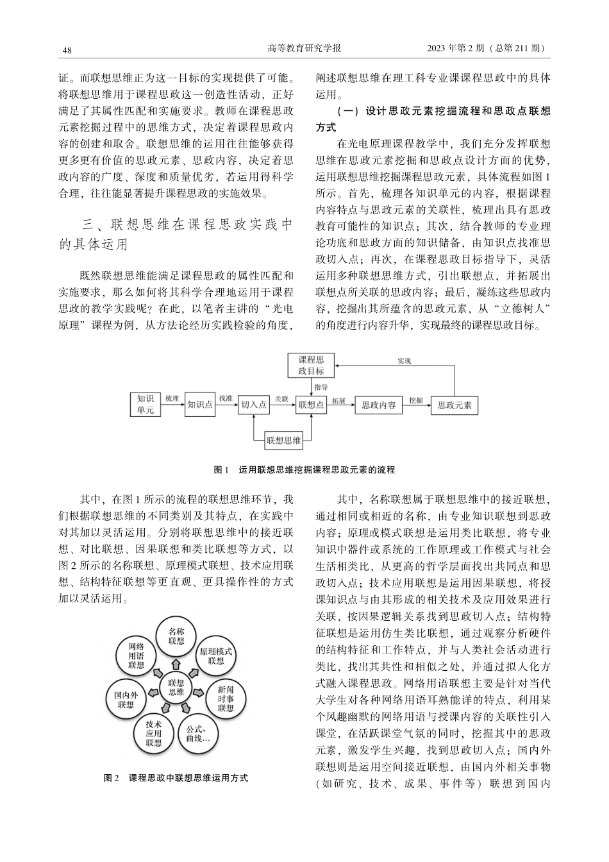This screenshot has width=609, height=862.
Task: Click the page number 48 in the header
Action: [x=67, y=50]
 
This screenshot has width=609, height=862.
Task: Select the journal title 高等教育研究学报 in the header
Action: [x=304, y=49]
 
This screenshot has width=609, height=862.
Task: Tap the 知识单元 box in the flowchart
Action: [x=146, y=404]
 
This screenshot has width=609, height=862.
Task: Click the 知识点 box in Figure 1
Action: [x=200, y=405]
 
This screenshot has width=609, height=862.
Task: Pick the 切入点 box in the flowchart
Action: [x=254, y=405]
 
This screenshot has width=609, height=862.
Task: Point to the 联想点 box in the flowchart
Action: [x=311, y=405]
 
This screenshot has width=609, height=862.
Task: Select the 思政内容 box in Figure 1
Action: [x=378, y=405]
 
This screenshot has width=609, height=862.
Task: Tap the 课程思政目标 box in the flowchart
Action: [x=311, y=366]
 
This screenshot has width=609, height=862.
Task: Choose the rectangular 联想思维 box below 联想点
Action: [x=283, y=440]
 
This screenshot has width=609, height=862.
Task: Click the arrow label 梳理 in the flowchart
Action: [x=172, y=398]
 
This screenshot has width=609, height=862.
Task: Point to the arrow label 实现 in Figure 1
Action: [x=404, y=360]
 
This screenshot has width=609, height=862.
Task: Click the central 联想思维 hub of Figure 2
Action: [x=176, y=688]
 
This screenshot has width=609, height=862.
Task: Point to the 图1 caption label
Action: [x=221, y=470]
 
